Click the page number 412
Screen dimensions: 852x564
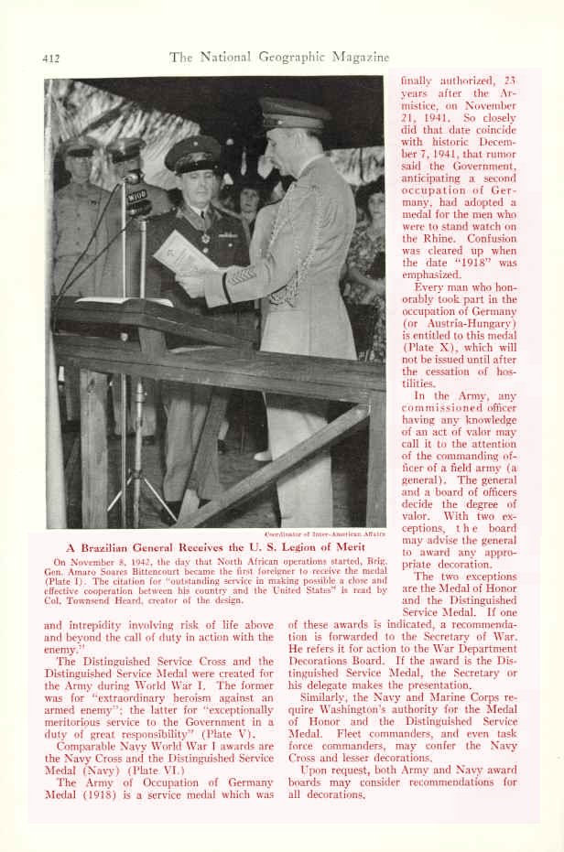[50, 59]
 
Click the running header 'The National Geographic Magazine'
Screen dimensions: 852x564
[279, 57]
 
